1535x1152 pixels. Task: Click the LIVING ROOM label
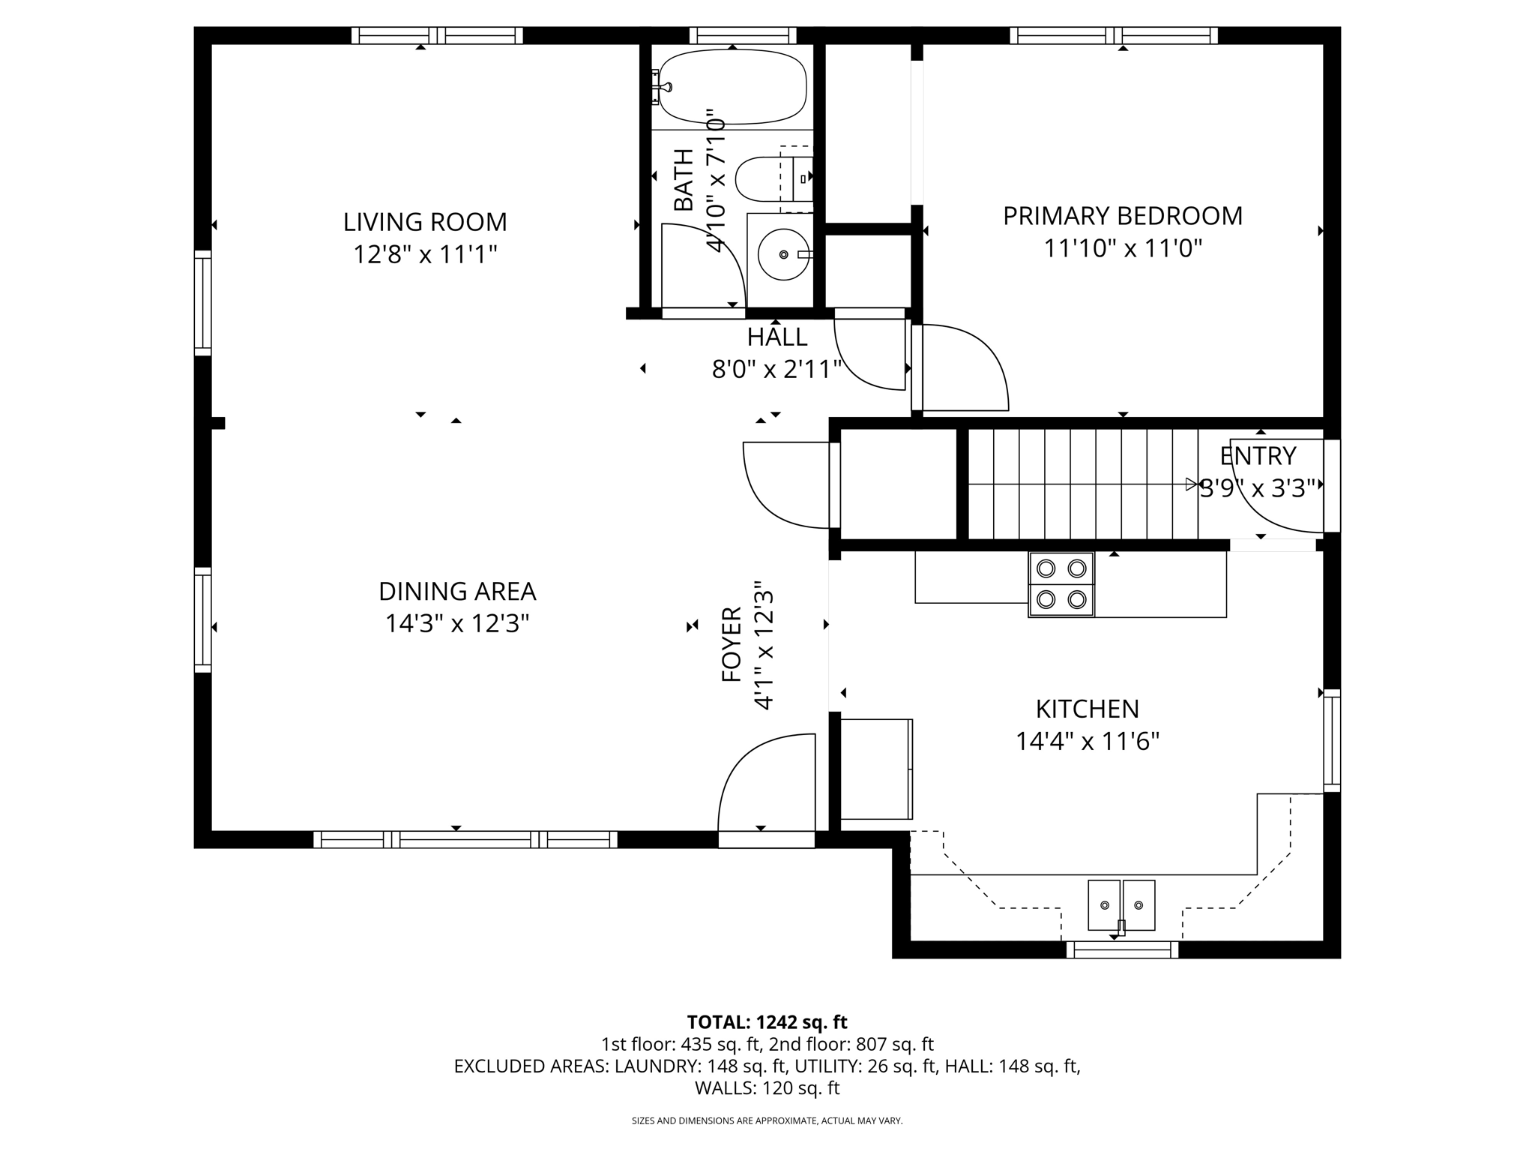click(425, 222)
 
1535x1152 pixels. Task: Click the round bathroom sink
click(783, 254)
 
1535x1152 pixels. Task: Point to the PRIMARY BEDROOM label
click(1122, 216)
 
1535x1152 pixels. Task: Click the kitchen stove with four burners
click(1061, 584)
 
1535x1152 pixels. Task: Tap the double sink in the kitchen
click(1121, 905)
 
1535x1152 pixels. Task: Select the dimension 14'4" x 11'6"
click(1087, 742)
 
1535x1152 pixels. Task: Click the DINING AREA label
click(457, 592)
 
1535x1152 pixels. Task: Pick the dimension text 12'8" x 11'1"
click(425, 255)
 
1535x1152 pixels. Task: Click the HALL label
click(777, 337)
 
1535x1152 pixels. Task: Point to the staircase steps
click(1079, 484)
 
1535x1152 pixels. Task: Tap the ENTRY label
click(1258, 456)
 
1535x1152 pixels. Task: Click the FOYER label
click(732, 644)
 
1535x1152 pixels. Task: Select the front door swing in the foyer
click(765, 784)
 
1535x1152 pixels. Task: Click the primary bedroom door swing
click(963, 367)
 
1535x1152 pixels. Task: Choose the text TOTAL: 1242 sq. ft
click(767, 1022)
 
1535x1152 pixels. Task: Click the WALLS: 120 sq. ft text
click(767, 1087)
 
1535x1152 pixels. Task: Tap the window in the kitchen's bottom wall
click(1122, 949)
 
